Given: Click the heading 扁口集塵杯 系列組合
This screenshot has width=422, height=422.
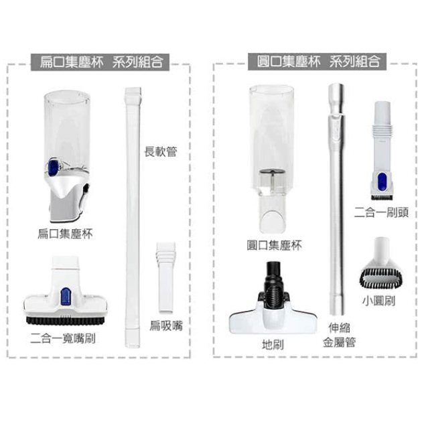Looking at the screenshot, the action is [101, 62].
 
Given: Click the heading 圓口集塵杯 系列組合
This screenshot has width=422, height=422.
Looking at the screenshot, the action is [318, 62].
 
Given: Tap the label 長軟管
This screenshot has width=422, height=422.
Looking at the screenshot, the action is [161, 151].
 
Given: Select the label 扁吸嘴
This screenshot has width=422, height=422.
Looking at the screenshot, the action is [166, 326].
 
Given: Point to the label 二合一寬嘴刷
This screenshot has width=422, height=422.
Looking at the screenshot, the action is [63, 338].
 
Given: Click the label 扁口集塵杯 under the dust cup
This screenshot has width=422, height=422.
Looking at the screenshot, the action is [65, 233].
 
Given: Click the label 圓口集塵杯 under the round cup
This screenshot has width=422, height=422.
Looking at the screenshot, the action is [274, 245].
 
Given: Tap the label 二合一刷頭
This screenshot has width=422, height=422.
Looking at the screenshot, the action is [381, 212].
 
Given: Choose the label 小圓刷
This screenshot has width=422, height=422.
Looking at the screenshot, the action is [378, 301].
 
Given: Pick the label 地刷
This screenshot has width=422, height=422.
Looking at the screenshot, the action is [273, 344].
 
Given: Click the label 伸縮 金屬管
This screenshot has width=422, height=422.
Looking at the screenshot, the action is [340, 335].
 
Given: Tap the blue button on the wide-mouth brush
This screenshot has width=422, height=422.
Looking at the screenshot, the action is [66, 296].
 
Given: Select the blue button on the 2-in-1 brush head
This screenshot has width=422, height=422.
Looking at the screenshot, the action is [382, 181].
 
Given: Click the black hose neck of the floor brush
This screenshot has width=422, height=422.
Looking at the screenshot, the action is [274, 285].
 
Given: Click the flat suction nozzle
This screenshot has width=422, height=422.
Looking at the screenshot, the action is [166, 277].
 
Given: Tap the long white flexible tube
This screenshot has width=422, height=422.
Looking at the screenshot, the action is [133, 217].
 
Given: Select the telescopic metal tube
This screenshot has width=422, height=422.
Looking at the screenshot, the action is [336, 200].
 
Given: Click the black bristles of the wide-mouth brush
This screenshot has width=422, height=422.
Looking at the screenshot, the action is [66, 321].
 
